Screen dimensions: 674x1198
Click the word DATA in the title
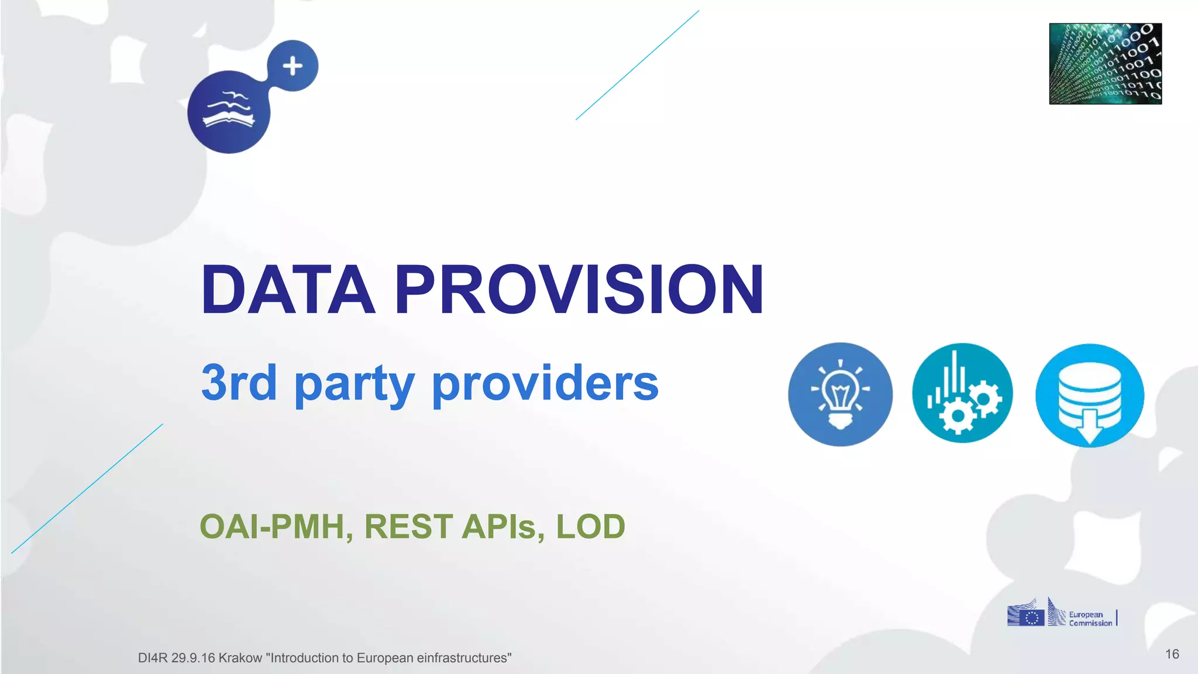pos(288,290)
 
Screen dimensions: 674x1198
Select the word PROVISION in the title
pos(579,290)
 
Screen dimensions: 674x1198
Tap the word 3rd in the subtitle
pos(239,383)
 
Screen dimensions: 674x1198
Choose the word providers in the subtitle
pos(545,383)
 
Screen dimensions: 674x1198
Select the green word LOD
pos(590,527)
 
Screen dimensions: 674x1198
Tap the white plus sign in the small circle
pos(292,66)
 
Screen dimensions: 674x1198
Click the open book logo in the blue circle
pos(229,111)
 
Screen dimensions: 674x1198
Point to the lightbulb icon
pos(840,394)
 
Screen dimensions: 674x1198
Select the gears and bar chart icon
pos(962,393)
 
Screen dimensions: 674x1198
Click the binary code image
pos(1105,64)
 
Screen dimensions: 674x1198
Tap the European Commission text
pos(1090,619)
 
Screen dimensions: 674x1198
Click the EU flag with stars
pos(1032,618)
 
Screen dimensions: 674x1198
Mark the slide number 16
pos(1172,654)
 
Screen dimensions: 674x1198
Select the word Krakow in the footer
pos(240,658)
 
